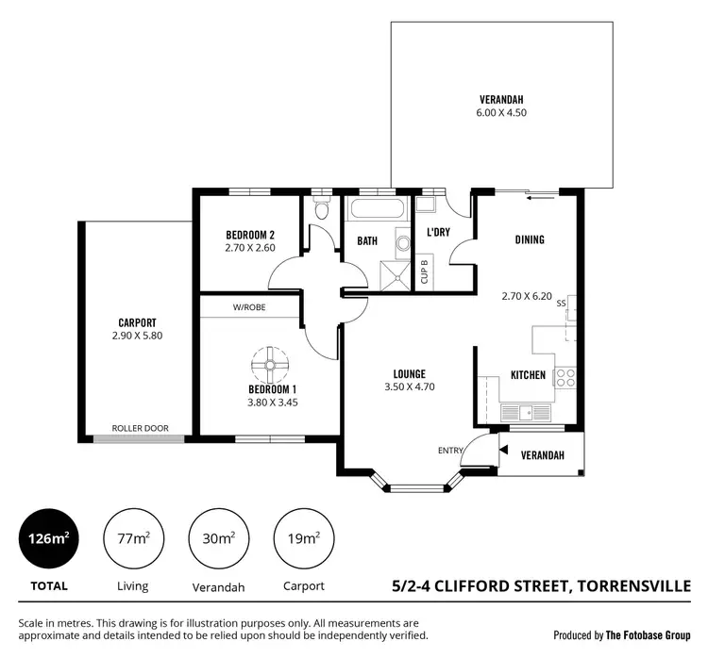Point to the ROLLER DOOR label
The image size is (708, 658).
click(x=140, y=428)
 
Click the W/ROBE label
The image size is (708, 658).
click(x=249, y=306)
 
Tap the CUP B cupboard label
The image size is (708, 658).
click(x=425, y=271)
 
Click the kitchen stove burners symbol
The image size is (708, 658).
click(x=565, y=377)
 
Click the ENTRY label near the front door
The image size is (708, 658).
click(x=450, y=451)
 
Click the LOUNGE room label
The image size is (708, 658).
click(x=405, y=373)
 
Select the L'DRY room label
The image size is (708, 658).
click(x=438, y=231)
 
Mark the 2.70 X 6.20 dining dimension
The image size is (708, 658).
click(x=530, y=295)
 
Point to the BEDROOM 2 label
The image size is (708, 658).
click(x=250, y=235)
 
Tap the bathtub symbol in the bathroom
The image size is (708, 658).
click(x=376, y=208)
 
